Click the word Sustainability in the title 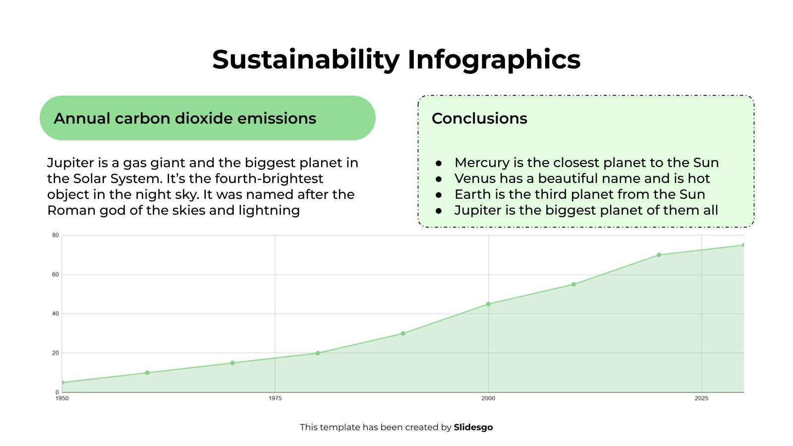pyautogui.click(x=306, y=59)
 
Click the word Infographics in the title pyautogui.click(x=494, y=59)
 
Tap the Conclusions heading pyautogui.click(x=479, y=118)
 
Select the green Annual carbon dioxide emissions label pyautogui.click(x=207, y=118)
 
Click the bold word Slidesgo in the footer pyautogui.click(x=473, y=427)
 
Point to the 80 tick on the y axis pyautogui.click(x=56, y=235)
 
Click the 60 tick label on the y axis pyautogui.click(x=56, y=275)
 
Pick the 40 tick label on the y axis pyautogui.click(x=56, y=314)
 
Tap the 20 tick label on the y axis pyautogui.click(x=56, y=353)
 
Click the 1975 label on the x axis pyautogui.click(x=275, y=398)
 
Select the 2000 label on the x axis pyautogui.click(x=488, y=398)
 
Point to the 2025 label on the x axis pyautogui.click(x=701, y=398)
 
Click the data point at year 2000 pyautogui.click(x=488, y=304)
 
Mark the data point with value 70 pyautogui.click(x=659, y=255)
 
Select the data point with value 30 pyautogui.click(x=403, y=334)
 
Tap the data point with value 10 pyautogui.click(x=147, y=373)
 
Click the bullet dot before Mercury pyautogui.click(x=439, y=163)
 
